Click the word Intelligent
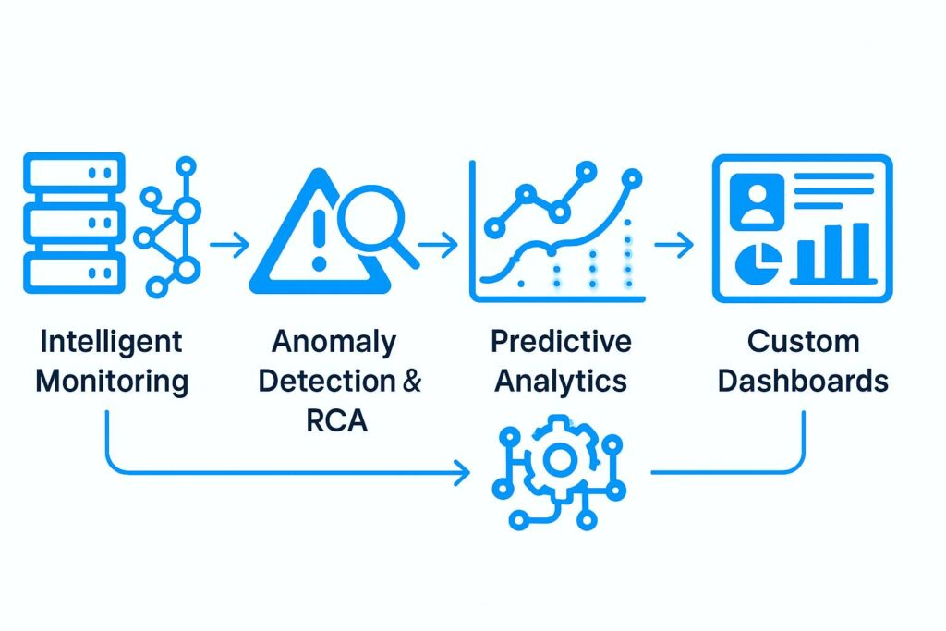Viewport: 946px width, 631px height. click(112, 342)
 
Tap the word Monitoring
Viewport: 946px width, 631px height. click(112, 381)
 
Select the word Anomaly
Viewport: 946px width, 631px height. click(334, 342)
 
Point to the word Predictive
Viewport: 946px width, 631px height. click(561, 342)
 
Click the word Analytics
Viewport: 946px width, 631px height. click(561, 381)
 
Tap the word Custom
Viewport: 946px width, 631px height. click(803, 342)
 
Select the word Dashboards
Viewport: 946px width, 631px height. click(803, 381)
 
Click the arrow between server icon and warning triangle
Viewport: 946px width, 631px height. click(229, 246)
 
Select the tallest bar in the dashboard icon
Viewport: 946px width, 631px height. click(860, 251)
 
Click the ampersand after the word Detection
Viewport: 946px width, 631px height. click(407, 381)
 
